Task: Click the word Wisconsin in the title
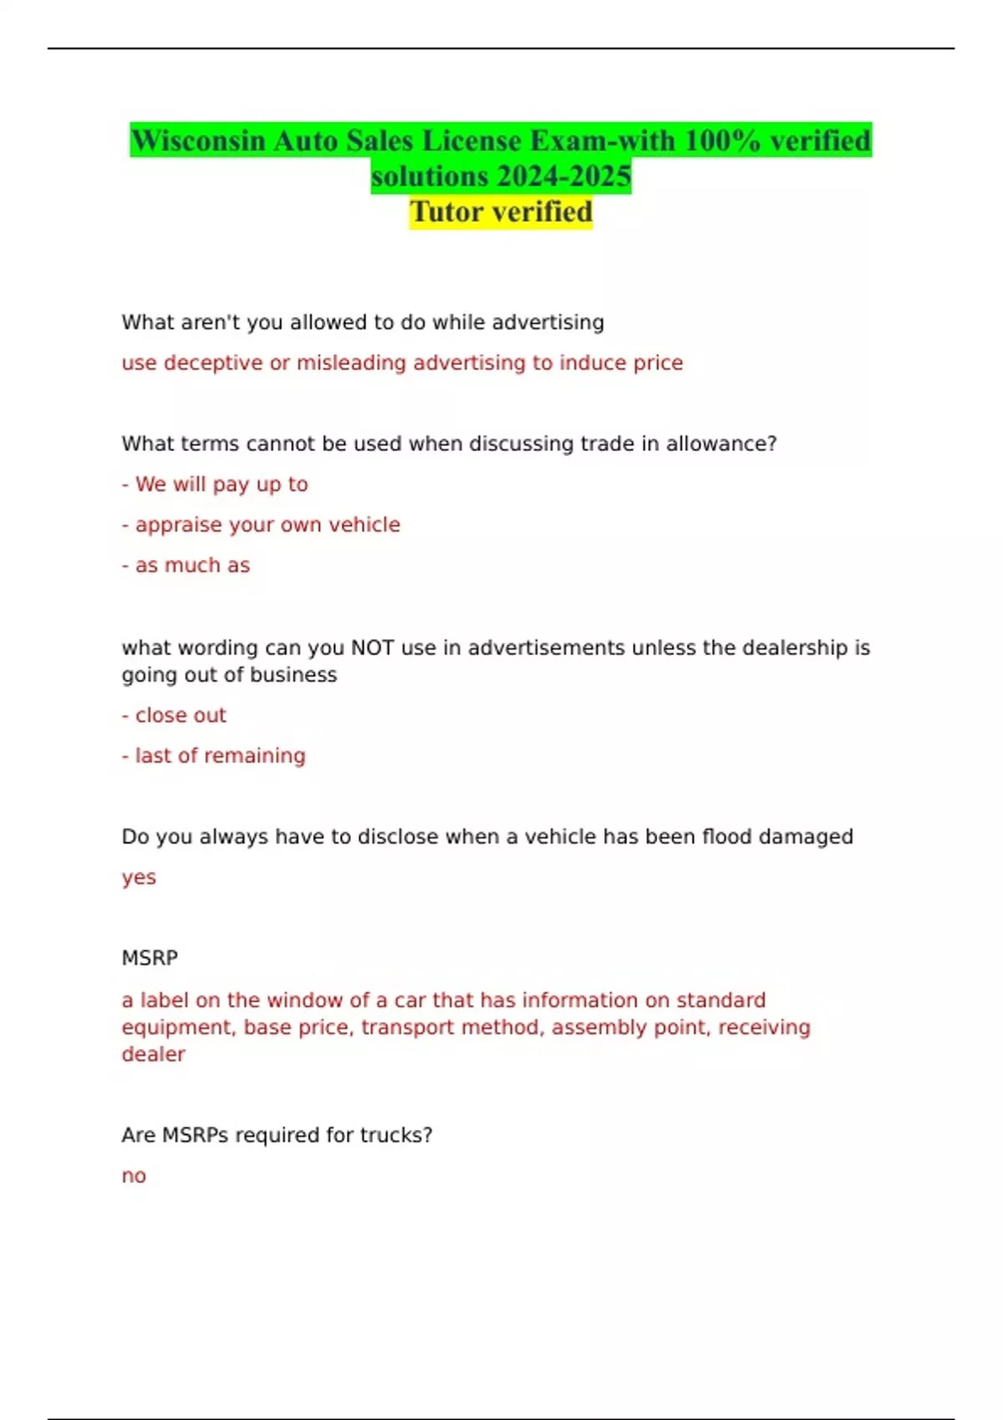198,140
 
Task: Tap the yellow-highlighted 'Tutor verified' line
501,212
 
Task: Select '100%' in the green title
722,140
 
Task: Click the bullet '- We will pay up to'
215,484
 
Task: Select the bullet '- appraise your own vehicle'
261,525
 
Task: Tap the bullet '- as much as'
186,565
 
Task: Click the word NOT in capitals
372,647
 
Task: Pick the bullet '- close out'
174,715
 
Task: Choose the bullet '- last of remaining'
213,756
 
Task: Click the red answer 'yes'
139,878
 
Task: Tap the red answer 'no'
134,1176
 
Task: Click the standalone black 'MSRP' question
150,958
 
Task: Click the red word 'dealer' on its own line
153,1054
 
